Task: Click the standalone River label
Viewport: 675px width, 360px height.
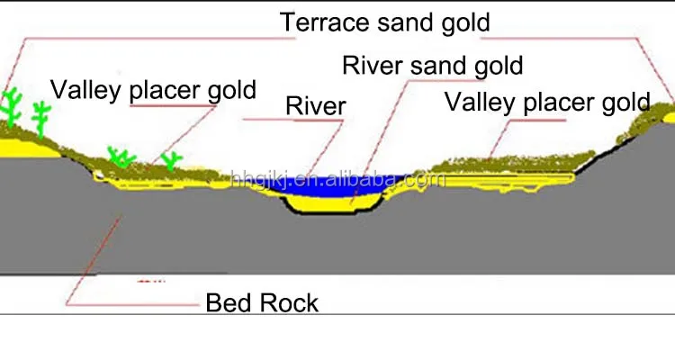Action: click(x=315, y=107)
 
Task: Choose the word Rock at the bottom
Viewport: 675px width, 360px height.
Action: click(x=289, y=302)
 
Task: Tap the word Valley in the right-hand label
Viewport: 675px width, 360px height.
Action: click(x=486, y=102)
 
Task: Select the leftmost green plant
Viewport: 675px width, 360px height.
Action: click(x=13, y=108)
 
